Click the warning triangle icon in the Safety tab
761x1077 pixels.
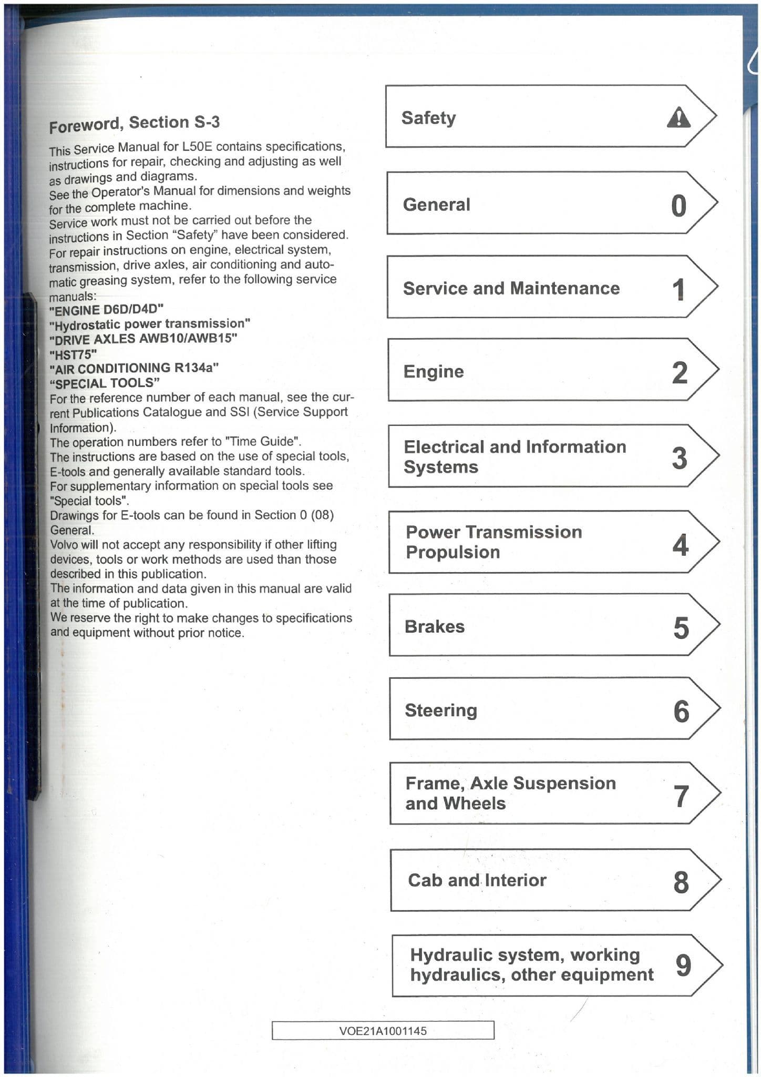[x=678, y=117]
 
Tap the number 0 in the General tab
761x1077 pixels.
[x=678, y=205]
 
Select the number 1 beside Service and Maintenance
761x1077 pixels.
[x=679, y=289]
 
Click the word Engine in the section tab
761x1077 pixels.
[x=434, y=372]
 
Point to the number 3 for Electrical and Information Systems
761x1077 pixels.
[x=680, y=458]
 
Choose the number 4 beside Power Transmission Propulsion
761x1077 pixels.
[x=680, y=544]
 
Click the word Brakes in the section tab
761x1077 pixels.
[x=435, y=627]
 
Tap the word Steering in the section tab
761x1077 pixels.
[x=441, y=710]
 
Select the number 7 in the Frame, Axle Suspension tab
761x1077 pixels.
[x=681, y=796]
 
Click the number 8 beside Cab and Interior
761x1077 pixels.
[x=681, y=882]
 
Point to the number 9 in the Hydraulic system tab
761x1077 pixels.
[x=683, y=965]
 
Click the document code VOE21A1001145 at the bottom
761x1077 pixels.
[x=383, y=1031]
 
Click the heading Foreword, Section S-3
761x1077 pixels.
[x=135, y=124]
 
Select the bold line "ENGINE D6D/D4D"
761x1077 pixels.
[x=106, y=309]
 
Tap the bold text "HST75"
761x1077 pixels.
[x=73, y=354]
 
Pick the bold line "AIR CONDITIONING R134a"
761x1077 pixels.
[x=134, y=368]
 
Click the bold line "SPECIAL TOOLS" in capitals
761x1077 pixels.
[x=105, y=383]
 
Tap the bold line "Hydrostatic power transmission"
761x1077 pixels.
[x=150, y=323]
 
